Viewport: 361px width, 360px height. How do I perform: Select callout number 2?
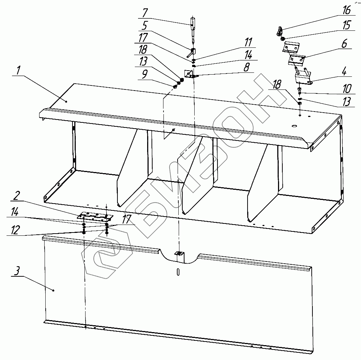tap(17, 196)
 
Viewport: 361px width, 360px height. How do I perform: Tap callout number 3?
tap(17, 271)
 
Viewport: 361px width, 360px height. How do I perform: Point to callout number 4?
tap(344, 71)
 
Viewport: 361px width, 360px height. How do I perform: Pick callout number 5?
tap(144, 26)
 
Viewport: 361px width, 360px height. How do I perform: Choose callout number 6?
tap(344, 43)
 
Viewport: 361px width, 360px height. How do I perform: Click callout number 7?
tap(145, 13)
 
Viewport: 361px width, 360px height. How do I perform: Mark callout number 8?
tap(246, 67)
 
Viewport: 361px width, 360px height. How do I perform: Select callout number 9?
tap(144, 74)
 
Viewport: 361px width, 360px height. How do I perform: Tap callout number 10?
tap(347, 89)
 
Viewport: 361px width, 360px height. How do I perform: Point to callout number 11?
tap(248, 42)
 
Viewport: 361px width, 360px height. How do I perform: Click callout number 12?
tap(15, 230)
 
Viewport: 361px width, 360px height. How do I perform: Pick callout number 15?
tap(347, 25)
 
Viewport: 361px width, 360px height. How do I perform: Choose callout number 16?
tap(347, 11)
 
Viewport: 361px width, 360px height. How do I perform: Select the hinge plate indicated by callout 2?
tap(95, 216)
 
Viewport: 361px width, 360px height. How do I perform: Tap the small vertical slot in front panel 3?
tap(178, 272)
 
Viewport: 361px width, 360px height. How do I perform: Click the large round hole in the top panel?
tap(294, 126)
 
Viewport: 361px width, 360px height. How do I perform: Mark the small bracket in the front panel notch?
tap(179, 254)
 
